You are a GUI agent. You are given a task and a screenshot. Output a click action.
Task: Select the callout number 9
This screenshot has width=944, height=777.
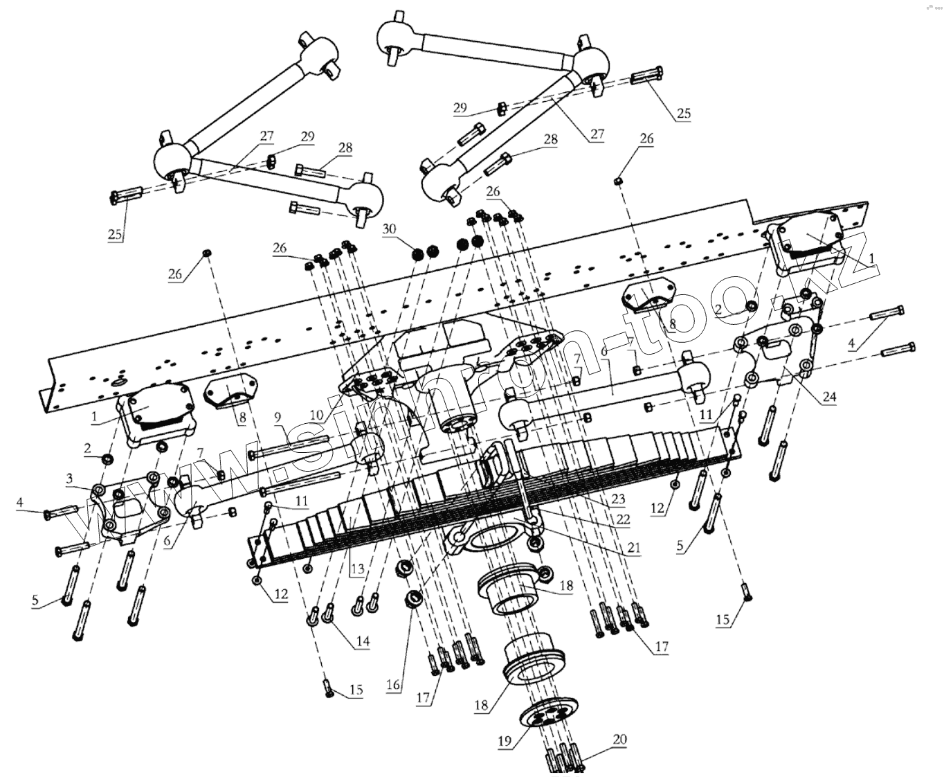pos(278,417)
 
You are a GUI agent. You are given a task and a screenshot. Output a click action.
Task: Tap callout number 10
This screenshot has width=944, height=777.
pos(317,415)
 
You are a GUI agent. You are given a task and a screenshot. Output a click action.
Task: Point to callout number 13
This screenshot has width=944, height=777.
pos(357,570)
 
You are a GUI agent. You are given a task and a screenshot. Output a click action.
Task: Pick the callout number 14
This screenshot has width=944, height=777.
pos(362,642)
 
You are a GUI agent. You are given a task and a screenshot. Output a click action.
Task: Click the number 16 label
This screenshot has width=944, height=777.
pos(393,685)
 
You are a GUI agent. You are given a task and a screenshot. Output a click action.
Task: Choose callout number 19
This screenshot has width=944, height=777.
pos(504,741)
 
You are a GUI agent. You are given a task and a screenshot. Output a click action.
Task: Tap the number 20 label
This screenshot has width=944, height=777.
pos(619,740)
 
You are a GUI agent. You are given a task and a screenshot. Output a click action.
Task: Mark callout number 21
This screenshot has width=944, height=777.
pos(633,548)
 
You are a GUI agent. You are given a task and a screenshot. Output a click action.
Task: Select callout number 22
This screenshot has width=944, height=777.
pos(624,519)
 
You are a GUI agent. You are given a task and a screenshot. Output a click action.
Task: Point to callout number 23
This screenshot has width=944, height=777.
pos(617,499)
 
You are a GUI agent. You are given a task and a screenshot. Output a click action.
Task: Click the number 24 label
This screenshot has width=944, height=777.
pos(828,397)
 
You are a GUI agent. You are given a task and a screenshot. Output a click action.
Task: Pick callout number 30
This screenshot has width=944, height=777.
pos(389,229)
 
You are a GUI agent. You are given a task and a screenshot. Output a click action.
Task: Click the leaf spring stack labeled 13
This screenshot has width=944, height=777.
pos(484,499)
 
